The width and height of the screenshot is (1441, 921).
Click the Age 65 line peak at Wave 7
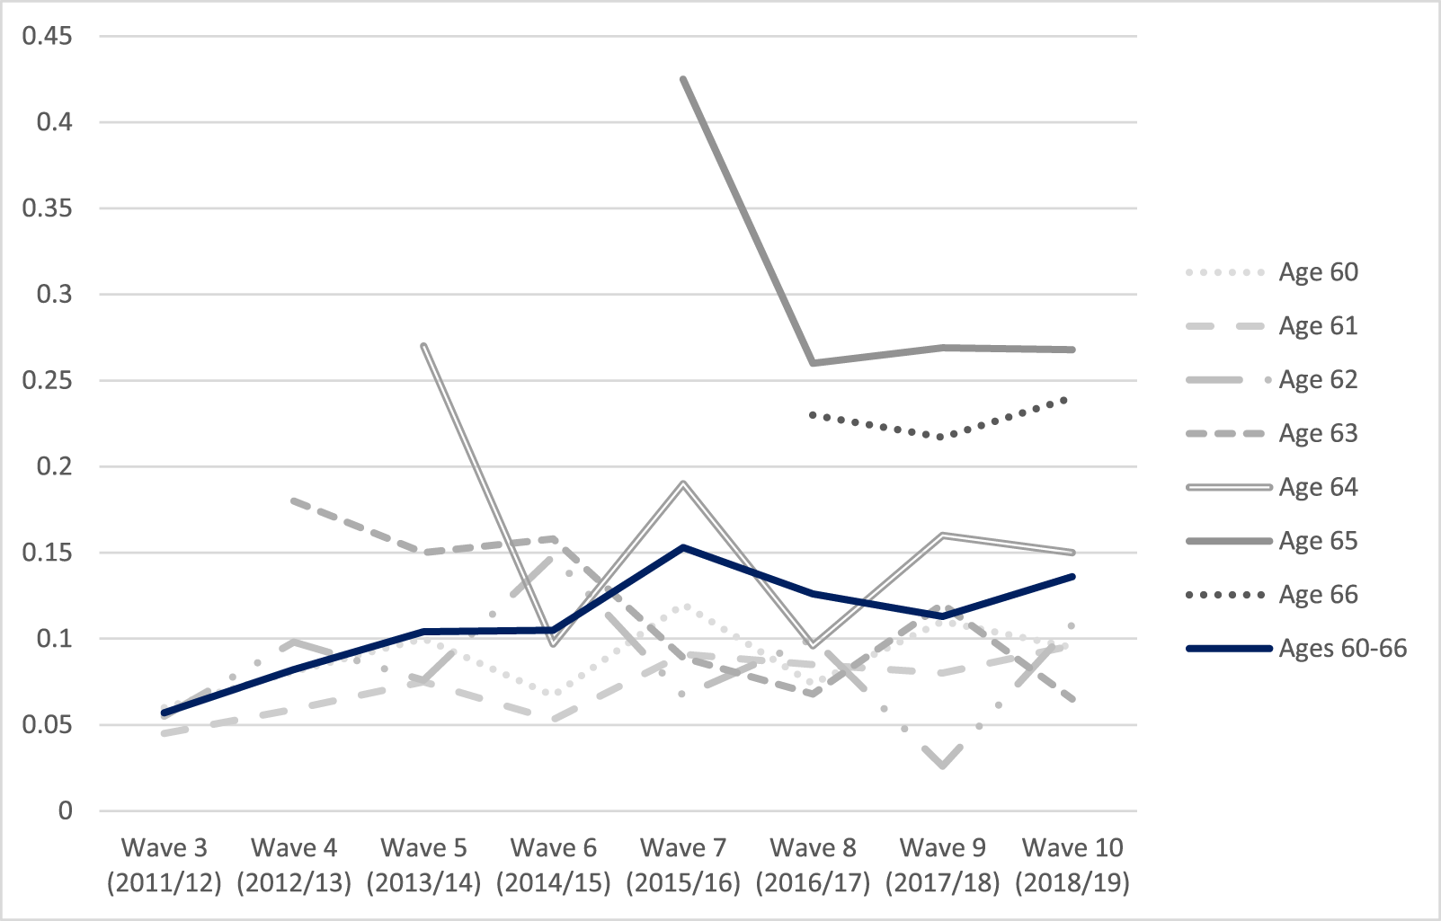[683, 79]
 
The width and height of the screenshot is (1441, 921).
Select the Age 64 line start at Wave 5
[424, 344]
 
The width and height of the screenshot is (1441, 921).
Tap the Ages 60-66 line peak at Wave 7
[683, 547]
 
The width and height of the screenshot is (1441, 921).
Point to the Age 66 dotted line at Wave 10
[1072, 397]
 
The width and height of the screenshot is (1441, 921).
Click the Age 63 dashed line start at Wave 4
[295, 500]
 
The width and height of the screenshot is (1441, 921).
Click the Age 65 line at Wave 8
[814, 363]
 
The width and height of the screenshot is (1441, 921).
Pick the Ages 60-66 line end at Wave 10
[1072, 576]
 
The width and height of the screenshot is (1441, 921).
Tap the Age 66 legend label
[1317, 595]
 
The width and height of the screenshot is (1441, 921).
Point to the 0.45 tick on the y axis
[47, 36]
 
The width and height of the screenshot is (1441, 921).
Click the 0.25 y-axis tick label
[47, 380]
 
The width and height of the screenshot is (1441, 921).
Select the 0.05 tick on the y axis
[47, 725]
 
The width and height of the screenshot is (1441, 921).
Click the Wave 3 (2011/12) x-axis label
[165, 864]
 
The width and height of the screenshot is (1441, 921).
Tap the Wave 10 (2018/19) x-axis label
[1072, 864]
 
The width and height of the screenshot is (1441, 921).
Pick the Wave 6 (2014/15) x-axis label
[554, 864]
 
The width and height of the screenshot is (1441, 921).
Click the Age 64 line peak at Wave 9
[943, 535]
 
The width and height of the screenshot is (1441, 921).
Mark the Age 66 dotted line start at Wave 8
[814, 414]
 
